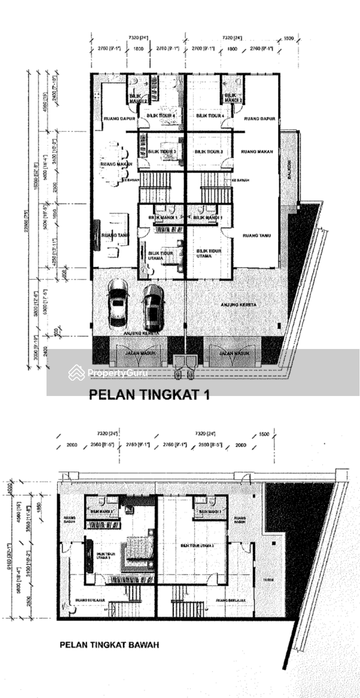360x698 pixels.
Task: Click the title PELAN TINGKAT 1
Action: (149, 395)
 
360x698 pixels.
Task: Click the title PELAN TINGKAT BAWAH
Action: (109, 645)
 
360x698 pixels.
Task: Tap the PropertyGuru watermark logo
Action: (108, 373)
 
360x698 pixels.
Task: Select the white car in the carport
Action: (118, 303)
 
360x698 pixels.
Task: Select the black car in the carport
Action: (153, 307)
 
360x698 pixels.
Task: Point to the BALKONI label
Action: (288, 168)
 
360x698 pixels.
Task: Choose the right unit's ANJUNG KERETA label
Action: (238, 305)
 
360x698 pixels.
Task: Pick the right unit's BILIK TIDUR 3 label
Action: (206, 152)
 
